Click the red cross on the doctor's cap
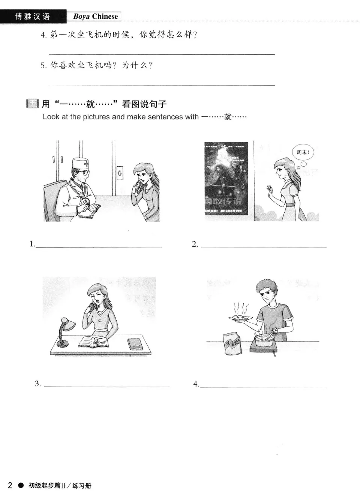tap(87, 164)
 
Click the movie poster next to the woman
tap(226, 178)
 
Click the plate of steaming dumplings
tap(240, 318)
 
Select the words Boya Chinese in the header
tap(95, 17)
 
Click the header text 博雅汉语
tap(32, 17)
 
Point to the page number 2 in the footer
tap(10, 485)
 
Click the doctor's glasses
tap(84, 174)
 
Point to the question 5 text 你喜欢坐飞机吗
tap(81, 65)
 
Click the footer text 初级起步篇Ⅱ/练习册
tap(60, 486)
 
